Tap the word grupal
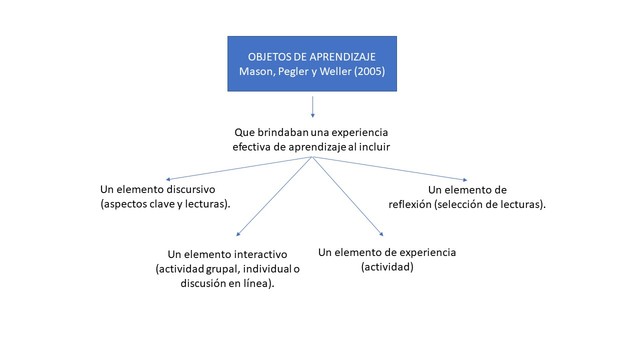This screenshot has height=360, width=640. coord(217,268)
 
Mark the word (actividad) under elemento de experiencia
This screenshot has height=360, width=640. coord(387,267)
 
